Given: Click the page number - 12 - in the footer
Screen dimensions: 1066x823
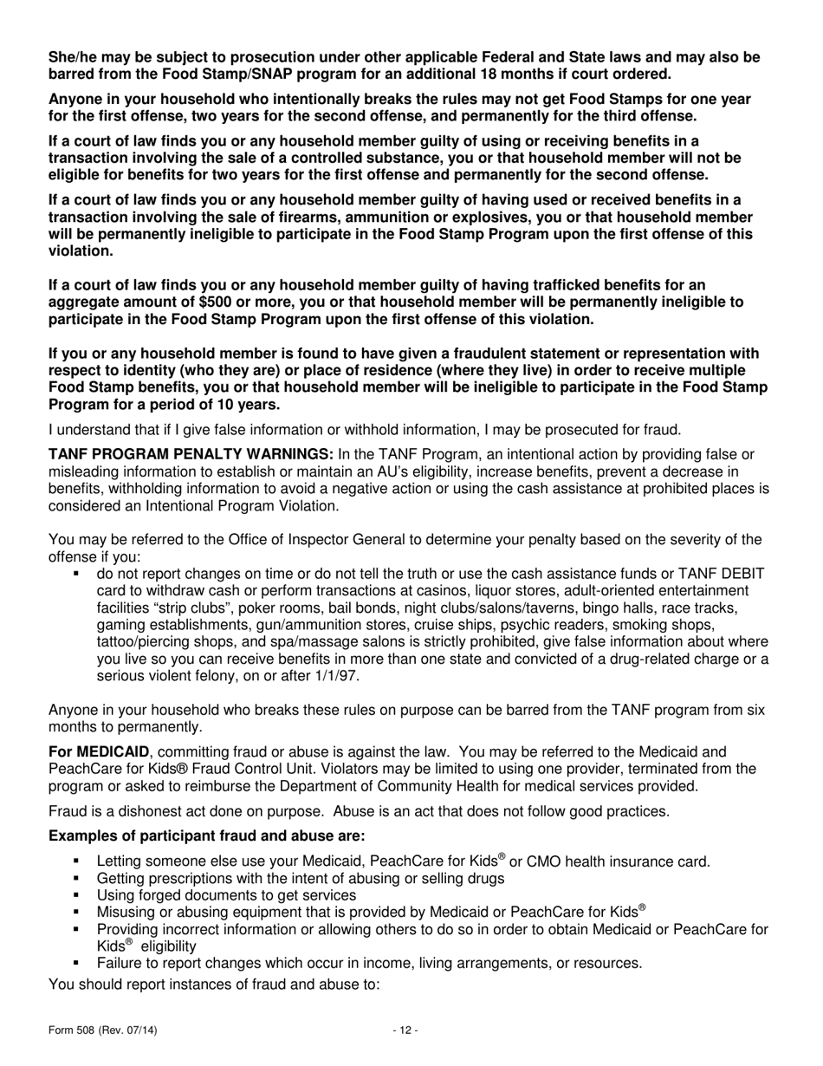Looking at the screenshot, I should coord(405,1030).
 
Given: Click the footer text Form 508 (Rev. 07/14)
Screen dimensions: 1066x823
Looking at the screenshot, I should coord(102,1030).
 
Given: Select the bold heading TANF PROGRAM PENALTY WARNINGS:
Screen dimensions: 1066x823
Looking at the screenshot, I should coord(191,454).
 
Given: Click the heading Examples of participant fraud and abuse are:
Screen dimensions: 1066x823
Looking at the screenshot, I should coord(207,835).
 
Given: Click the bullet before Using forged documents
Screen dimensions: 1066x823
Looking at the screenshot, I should coord(76,894).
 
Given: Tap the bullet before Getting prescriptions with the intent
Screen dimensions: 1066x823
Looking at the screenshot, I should coord(76,877).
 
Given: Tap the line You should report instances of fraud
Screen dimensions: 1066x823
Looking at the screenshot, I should coord(214,984).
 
